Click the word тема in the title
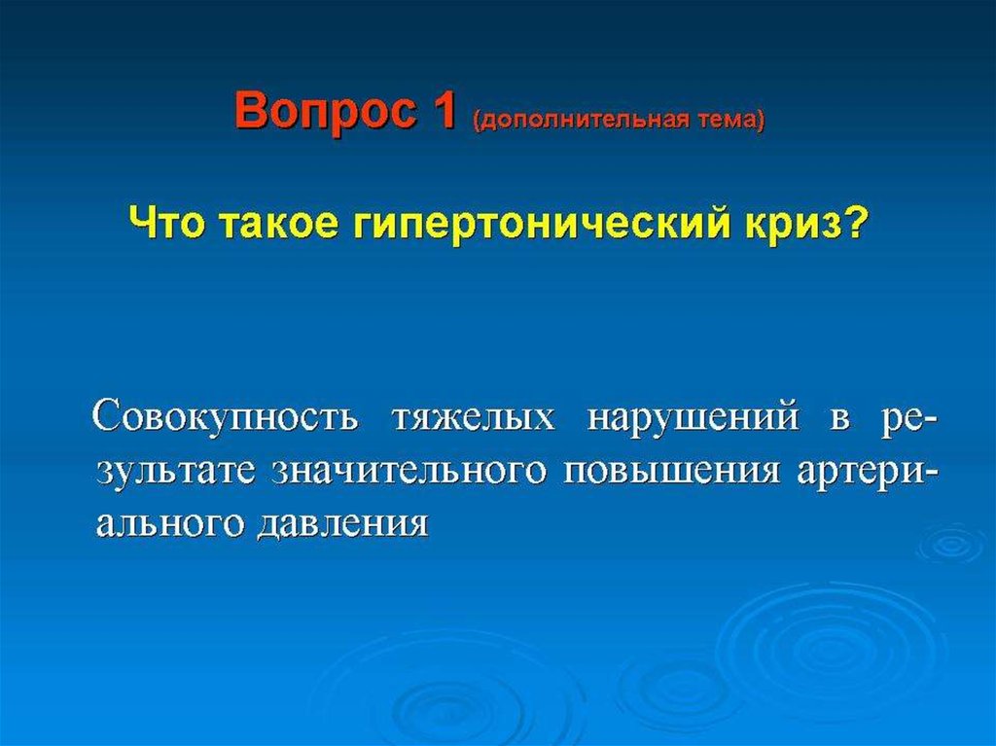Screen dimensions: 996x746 click(x=729, y=120)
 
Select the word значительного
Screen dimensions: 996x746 click(x=409, y=472)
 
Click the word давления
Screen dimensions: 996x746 click(x=343, y=525)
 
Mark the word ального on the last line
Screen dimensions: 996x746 click(x=169, y=525)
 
